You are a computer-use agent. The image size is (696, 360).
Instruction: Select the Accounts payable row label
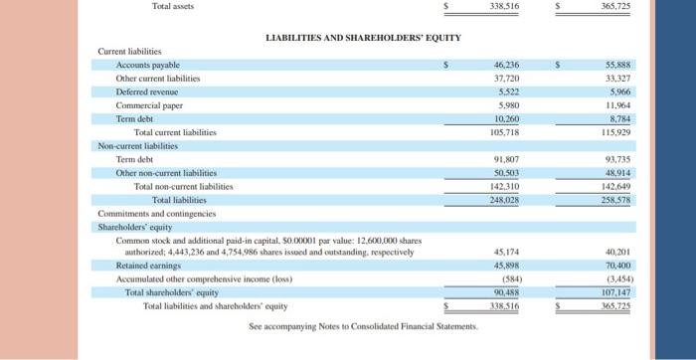point(148,64)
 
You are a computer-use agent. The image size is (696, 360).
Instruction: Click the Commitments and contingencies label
point(156,213)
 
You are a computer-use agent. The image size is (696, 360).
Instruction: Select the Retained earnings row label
point(148,266)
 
